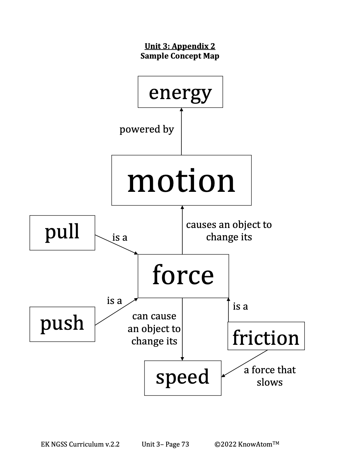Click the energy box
point(180,92)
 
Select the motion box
point(181,180)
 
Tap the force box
point(183,276)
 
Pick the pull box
point(62,233)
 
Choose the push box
point(62,324)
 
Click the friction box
point(266,336)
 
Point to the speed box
point(183,378)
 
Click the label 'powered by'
point(147,129)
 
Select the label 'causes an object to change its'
point(229,231)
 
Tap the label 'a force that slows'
point(270,376)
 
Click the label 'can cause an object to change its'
point(154,329)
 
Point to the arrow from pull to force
point(116,244)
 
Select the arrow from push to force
point(116,311)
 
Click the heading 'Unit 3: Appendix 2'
point(180,46)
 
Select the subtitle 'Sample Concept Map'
point(180,56)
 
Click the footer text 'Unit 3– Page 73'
point(165,444)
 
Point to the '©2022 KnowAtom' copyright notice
point(247,444)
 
